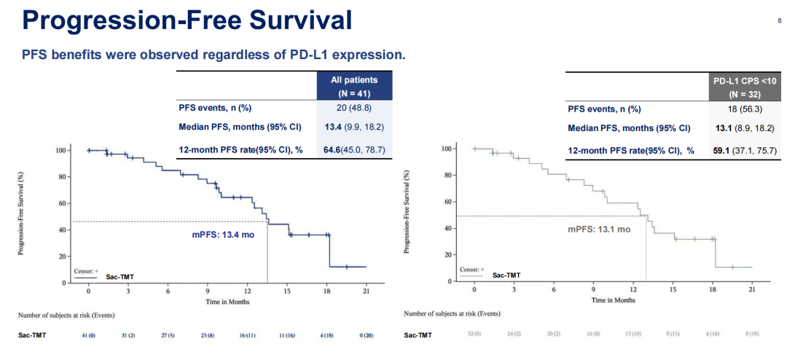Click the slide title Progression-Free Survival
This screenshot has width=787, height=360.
tap(187, 20)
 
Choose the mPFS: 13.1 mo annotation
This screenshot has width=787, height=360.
tap(599, 229)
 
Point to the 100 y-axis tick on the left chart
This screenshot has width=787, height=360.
tap(62, 150)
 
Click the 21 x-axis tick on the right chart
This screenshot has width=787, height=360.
tap(752, 289)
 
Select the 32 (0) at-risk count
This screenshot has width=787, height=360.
tap(474, 334)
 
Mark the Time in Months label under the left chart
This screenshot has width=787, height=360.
tap(227, 301)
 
